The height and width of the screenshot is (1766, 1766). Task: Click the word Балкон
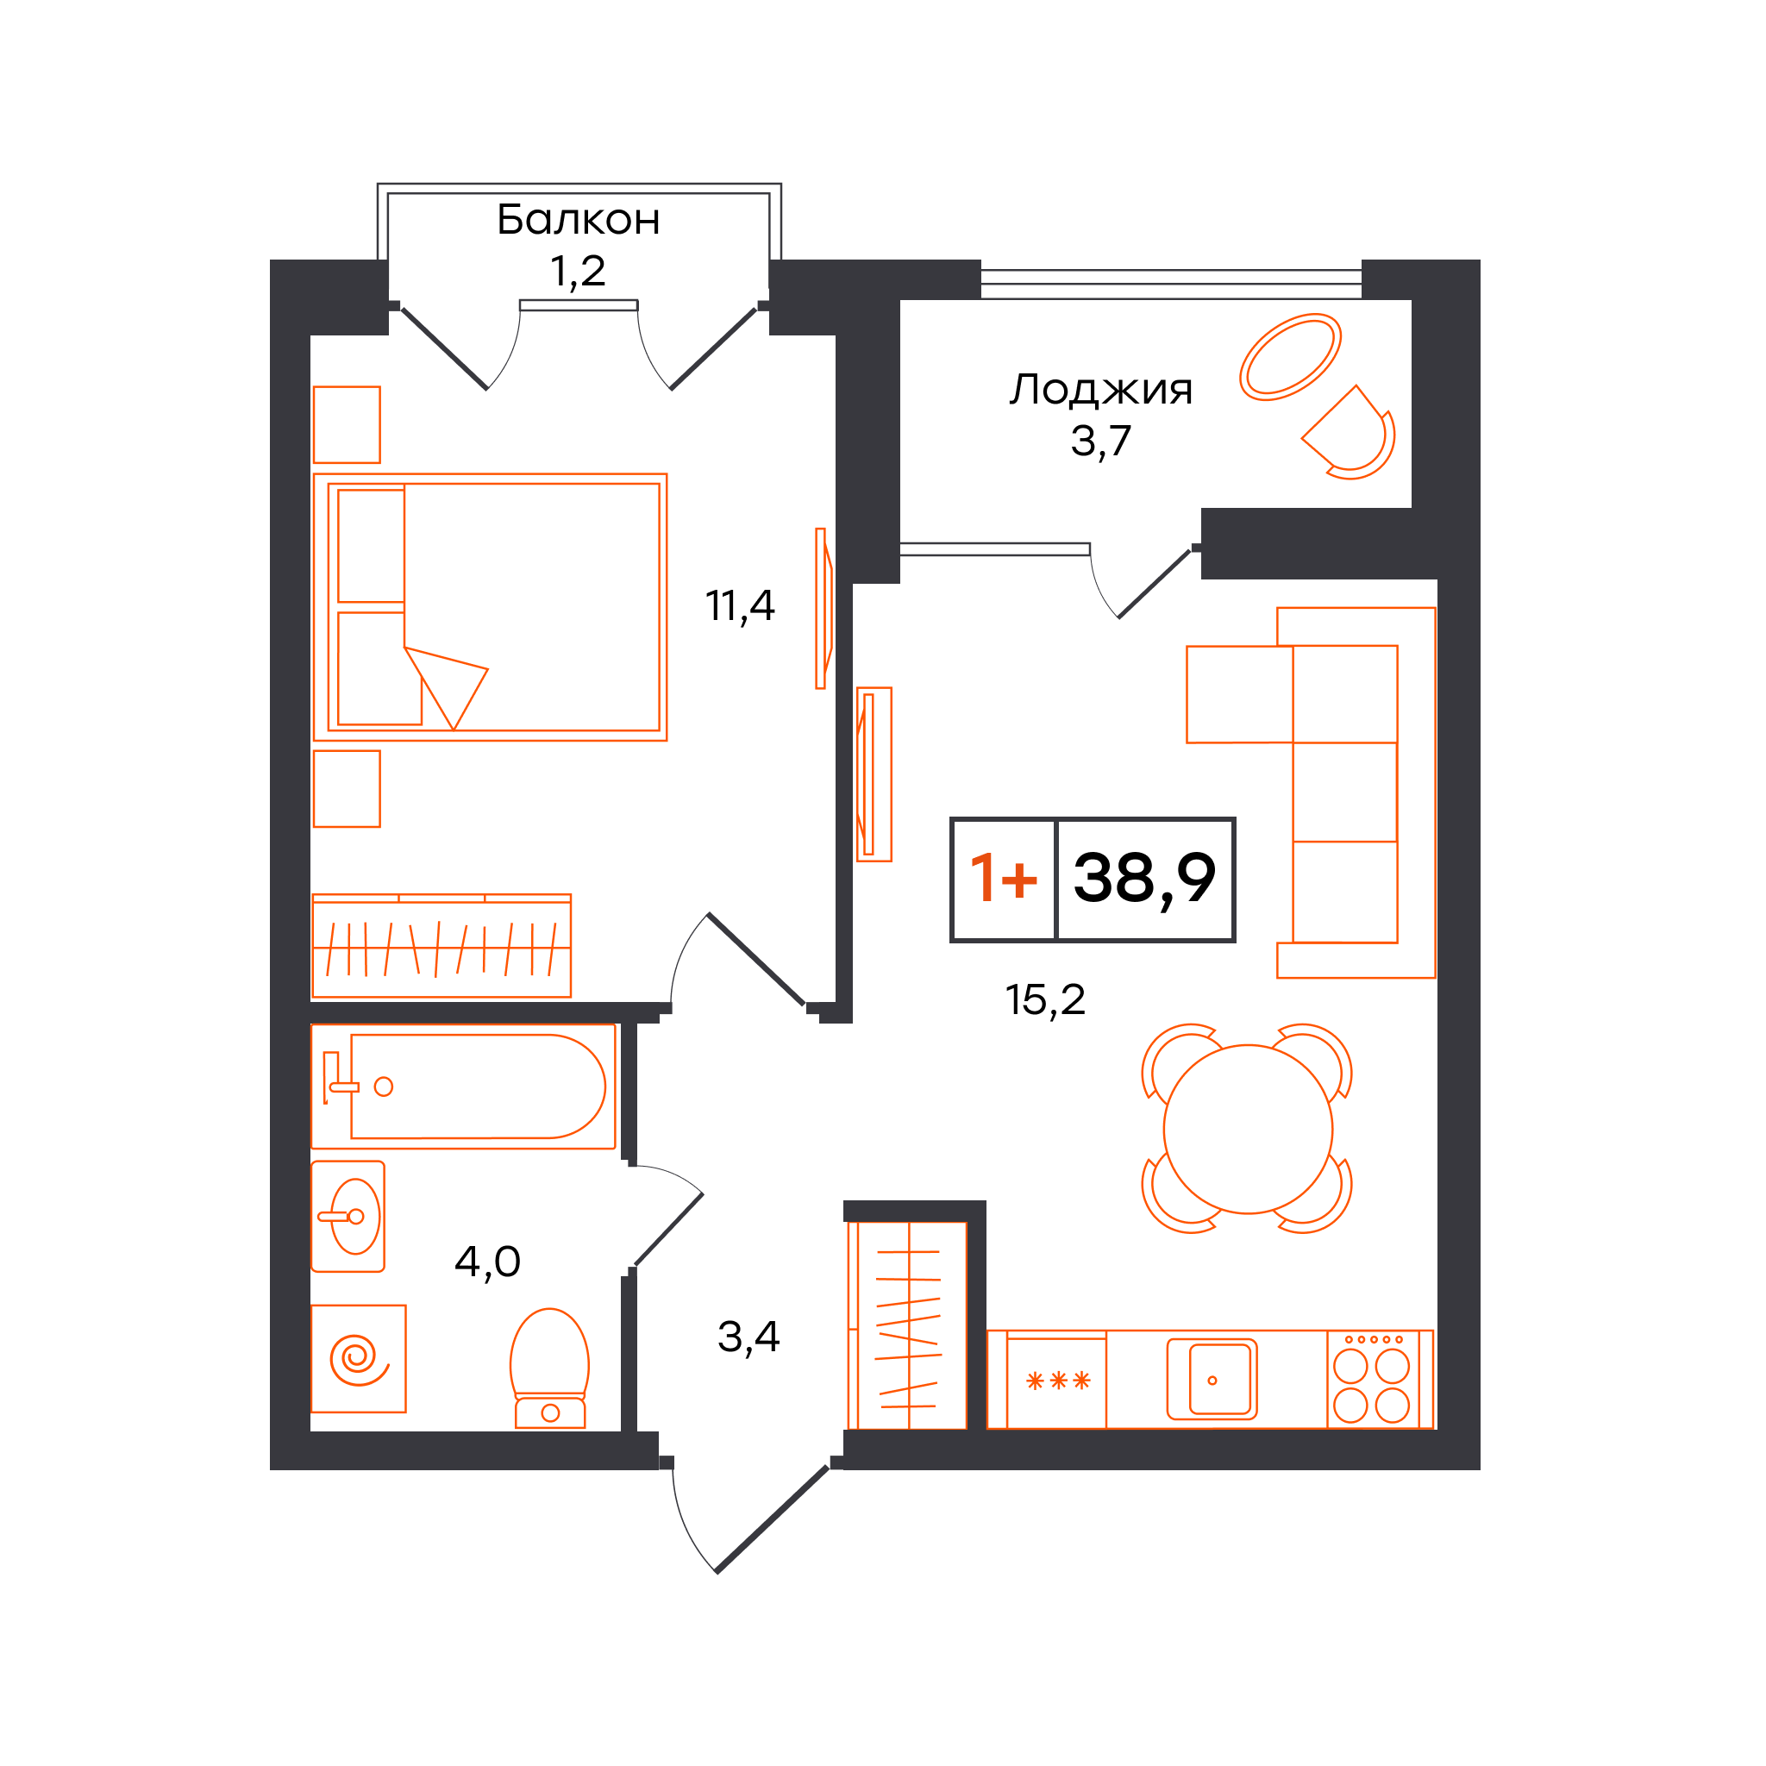[x=579, y=220]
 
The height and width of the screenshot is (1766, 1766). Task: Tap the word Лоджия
[x=1101, y=391]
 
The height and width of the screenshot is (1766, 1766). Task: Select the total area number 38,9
[x=1144, y=879]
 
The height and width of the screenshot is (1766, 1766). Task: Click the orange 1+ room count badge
[x=1004, y=879]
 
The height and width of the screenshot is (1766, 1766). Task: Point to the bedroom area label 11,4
[x=740, y=606]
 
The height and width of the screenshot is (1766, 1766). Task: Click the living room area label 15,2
[x=1046, y=1000]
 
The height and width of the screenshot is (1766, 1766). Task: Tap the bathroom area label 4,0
[x=487, y=1262]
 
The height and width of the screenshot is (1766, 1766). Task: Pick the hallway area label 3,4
[x=748, y=1337]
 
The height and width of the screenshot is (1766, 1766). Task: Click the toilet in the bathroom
[x=549, y=1368]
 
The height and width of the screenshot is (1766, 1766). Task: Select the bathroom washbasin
[x=348, y=1217]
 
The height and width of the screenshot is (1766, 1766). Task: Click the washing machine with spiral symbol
[x=359, y=1359]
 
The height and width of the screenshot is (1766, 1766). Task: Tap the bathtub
[x=463, y=1087]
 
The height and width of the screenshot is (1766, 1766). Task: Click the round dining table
[x=1248, y=1130]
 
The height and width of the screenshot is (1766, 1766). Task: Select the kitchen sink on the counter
[x=1212, y=1380]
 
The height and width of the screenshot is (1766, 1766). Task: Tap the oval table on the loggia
[x=1291, y=357]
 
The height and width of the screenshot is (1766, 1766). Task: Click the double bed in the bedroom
[x=491, y=607]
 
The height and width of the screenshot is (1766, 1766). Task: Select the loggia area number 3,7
[x=1101, y=441]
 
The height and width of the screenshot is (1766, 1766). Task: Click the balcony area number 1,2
[x=578, y=272]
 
